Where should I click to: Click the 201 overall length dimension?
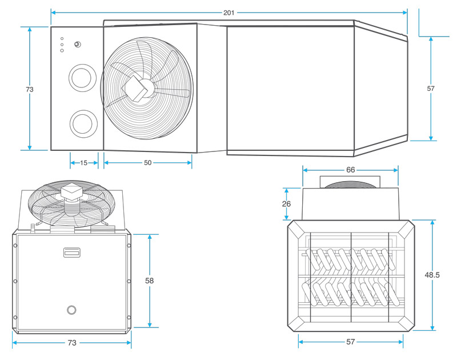point(229,13)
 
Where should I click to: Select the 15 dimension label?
point(84,163)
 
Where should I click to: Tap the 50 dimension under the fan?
point(147,163)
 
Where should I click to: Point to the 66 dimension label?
point(351,170)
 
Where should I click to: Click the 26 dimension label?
point(286,203)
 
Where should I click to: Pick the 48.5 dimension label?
point(432,275)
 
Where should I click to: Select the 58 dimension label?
point(150,281)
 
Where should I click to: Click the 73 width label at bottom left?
point(72,343)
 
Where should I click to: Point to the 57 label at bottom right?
point(351,342)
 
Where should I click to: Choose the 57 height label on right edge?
point(431,89)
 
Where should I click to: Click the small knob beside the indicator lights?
point(77,45)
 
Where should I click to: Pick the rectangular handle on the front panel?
point(72,252)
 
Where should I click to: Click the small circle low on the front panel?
point(71,309)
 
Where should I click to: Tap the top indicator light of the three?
point(62,38)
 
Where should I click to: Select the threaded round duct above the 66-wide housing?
point(350,183)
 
